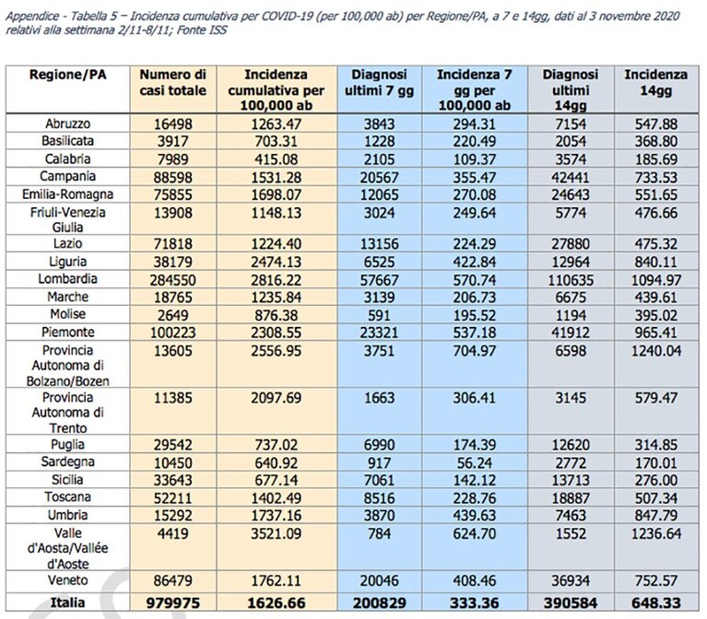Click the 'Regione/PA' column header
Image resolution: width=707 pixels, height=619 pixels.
[x=67, y=75]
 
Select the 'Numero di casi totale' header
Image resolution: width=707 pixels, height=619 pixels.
[x=173, y=83]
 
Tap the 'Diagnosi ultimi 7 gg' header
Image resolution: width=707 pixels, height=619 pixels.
[x=379, y=83]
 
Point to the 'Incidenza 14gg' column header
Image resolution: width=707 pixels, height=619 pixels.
[x=656, y=83]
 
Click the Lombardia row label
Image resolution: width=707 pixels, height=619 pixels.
[x=67, y=279]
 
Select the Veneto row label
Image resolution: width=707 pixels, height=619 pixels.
[x=67, y=579]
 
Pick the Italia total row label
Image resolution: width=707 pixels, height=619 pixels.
[x=67, y=602]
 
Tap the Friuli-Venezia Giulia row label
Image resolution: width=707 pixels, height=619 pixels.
[x=67, y=219]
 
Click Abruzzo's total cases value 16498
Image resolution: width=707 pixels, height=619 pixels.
[x=173, y=123]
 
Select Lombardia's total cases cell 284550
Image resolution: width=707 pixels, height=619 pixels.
[x=173, y=280]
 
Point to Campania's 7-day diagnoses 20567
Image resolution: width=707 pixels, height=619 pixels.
[x=379, y=178]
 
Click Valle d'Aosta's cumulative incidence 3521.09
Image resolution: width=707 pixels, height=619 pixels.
[x=276, y=534]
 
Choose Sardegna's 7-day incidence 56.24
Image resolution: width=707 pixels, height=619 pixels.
[x=475, y=462]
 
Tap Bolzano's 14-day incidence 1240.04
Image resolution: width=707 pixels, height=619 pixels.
[x=656, y=351]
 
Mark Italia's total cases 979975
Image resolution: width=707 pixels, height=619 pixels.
[x=173, y=603]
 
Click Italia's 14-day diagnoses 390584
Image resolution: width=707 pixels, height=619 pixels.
[x=571, y=603]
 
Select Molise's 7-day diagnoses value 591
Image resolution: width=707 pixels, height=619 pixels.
[x=379, y=315]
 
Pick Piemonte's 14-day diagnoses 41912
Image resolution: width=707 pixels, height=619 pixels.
[x=571, y=333]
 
